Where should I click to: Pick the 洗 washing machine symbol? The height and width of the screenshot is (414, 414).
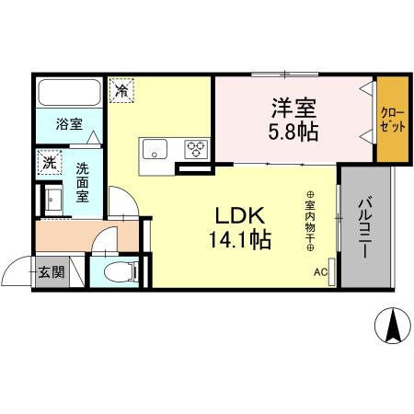pos(49,163)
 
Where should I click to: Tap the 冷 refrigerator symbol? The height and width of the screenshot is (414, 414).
pos(121,90)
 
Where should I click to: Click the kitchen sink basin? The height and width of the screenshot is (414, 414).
pos(153,147)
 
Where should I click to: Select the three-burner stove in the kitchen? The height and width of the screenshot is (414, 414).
pos(195,147)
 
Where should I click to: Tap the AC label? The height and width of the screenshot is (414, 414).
pos(320,271)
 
